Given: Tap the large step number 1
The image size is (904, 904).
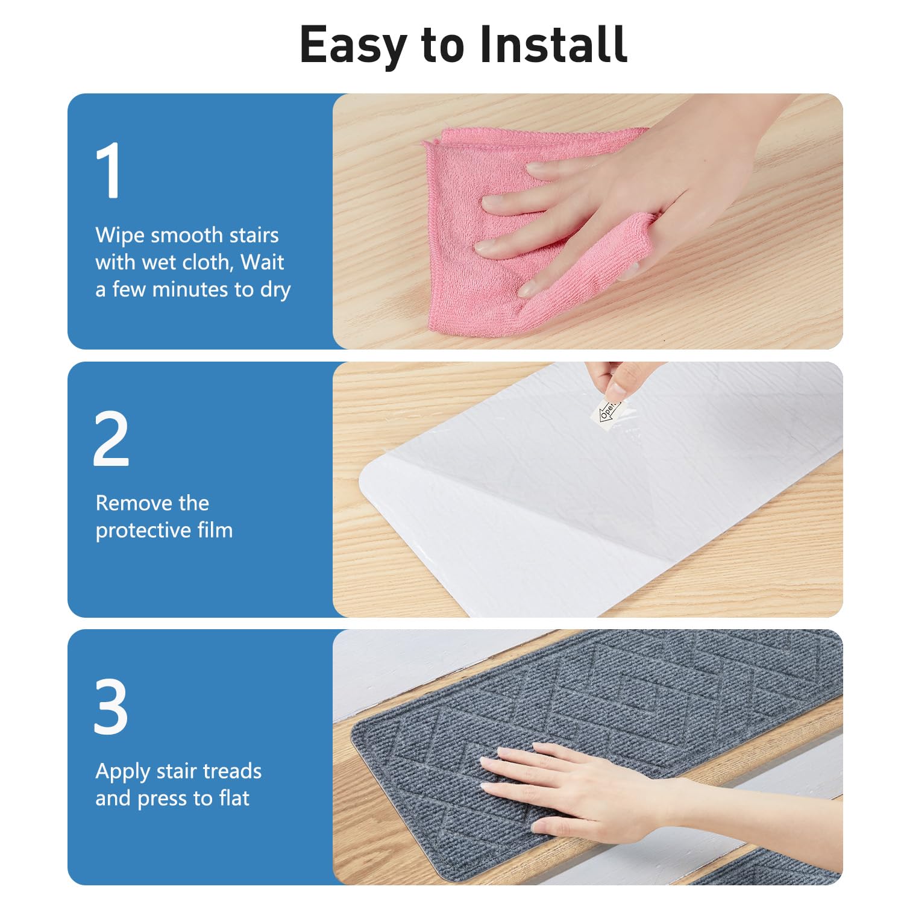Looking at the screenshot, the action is pos(109,170).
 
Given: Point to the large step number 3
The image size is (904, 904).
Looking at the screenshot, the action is pos(111,706).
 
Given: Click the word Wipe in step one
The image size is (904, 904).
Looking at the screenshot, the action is pos(120,235).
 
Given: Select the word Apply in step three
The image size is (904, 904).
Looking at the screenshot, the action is pos(123,772).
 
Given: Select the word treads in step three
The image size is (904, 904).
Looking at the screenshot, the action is pos(232,771).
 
